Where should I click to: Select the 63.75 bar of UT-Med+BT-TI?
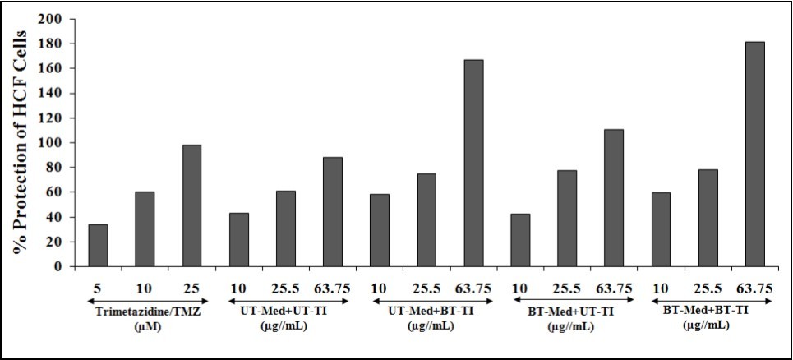point(473,163)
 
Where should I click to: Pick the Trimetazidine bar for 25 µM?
point(191,205)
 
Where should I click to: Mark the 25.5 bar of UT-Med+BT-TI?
point(426,219)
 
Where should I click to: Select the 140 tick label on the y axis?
point(54,93)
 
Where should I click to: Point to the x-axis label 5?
point(98,288)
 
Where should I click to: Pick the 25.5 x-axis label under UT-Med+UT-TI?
point(285,288)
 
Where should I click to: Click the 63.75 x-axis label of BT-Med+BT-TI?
point(754,288)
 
